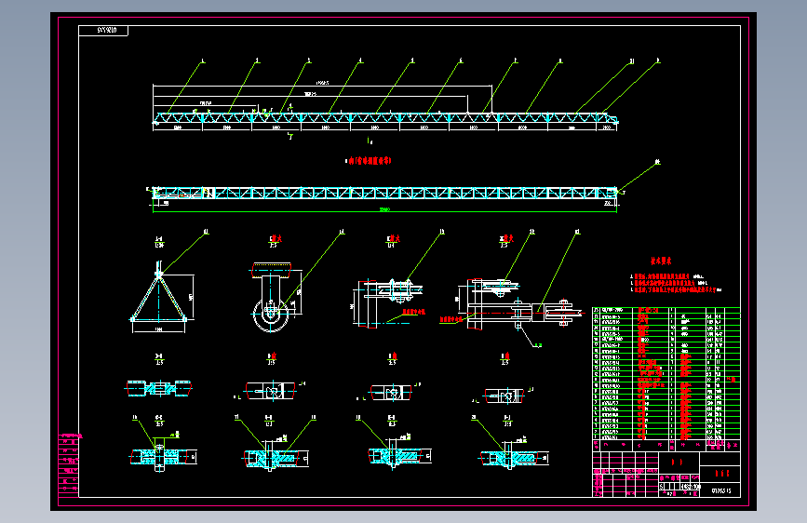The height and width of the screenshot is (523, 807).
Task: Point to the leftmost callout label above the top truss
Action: (203, 60)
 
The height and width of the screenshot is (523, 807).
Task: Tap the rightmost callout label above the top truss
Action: (657, 61)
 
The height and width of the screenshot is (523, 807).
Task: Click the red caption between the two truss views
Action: (370, 161)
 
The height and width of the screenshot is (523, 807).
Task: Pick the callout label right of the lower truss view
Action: (656, 162)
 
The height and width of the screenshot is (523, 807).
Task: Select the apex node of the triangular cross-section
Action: (159, 273)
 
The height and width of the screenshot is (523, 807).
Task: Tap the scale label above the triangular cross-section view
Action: (158, 245)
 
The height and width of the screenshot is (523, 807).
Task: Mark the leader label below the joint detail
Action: (538, 345)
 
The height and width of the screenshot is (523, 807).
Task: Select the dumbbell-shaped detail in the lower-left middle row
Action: (159, 386)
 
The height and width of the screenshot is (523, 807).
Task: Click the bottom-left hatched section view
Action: (159, 456)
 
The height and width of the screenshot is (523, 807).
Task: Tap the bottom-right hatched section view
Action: (507, 458)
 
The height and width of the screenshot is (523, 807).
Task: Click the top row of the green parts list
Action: (666, 311)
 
